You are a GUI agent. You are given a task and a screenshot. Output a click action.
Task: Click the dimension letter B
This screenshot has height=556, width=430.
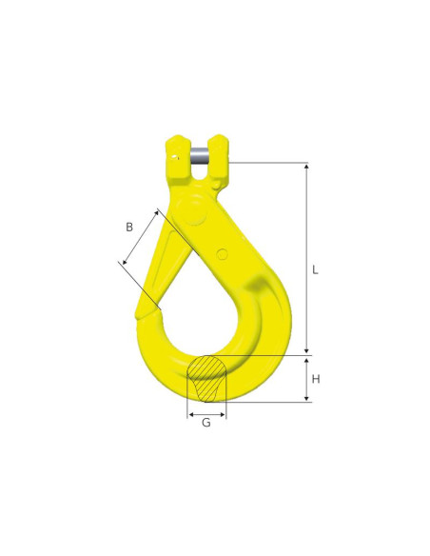coord(128,227)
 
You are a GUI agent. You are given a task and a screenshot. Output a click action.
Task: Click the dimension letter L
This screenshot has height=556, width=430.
coord(315,269)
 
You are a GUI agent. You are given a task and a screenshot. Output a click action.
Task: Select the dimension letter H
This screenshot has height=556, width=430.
coord(315,379)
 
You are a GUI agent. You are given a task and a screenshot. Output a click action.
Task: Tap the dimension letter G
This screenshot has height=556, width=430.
coord(206,422)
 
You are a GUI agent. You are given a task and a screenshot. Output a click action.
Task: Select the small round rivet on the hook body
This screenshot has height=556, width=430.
coord(222,253)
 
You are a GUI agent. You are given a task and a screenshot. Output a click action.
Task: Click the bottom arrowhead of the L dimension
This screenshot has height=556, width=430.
coord(305,351)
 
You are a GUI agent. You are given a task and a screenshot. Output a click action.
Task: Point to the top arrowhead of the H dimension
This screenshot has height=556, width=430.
coord(306,360)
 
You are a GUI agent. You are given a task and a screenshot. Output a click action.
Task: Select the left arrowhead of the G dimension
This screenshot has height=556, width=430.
coord(191,415)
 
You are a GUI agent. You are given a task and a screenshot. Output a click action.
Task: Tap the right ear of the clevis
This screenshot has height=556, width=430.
coord(220,154)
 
